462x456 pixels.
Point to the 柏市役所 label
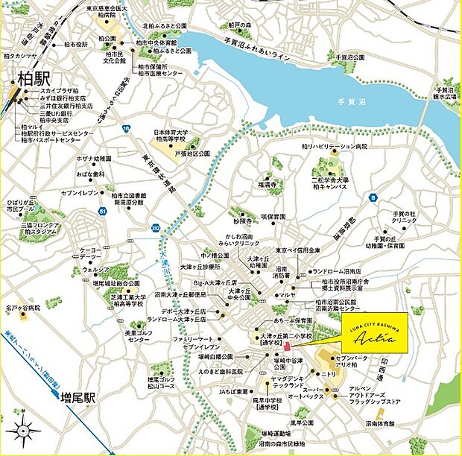pos(72,45)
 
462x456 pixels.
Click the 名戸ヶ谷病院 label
pos(22,307)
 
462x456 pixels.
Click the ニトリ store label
pos(329,373)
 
